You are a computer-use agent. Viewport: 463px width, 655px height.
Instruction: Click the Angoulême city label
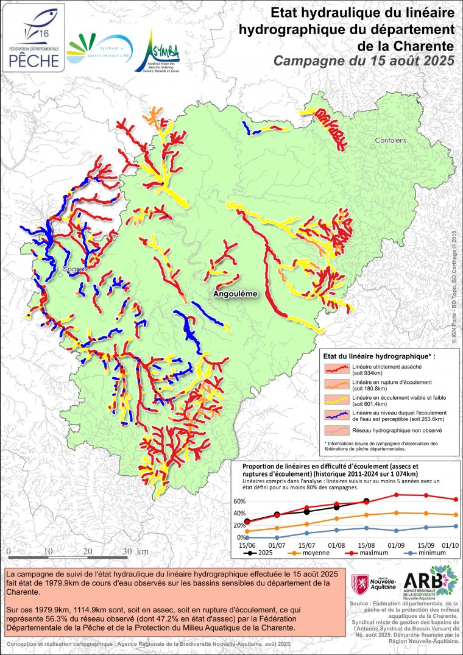(235, 294)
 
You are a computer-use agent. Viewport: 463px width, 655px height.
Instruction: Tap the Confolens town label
(391, 140)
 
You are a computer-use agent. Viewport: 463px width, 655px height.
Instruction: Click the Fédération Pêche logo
(34, 37)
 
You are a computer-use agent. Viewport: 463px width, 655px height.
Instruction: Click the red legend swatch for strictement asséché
(337, 367)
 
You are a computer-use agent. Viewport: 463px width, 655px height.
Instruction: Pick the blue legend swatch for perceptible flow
(337, 415)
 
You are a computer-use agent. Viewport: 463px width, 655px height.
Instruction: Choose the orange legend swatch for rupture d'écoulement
(337, 383)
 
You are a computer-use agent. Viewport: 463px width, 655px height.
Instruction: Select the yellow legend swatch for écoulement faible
(337, 399)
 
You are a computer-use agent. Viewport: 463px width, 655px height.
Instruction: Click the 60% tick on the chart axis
(239, 501)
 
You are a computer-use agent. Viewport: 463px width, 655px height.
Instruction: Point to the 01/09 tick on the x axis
(397, 545)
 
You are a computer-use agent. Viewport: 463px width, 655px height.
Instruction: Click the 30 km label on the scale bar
(134, 551)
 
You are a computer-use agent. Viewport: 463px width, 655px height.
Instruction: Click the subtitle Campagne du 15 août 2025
(364, 60)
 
